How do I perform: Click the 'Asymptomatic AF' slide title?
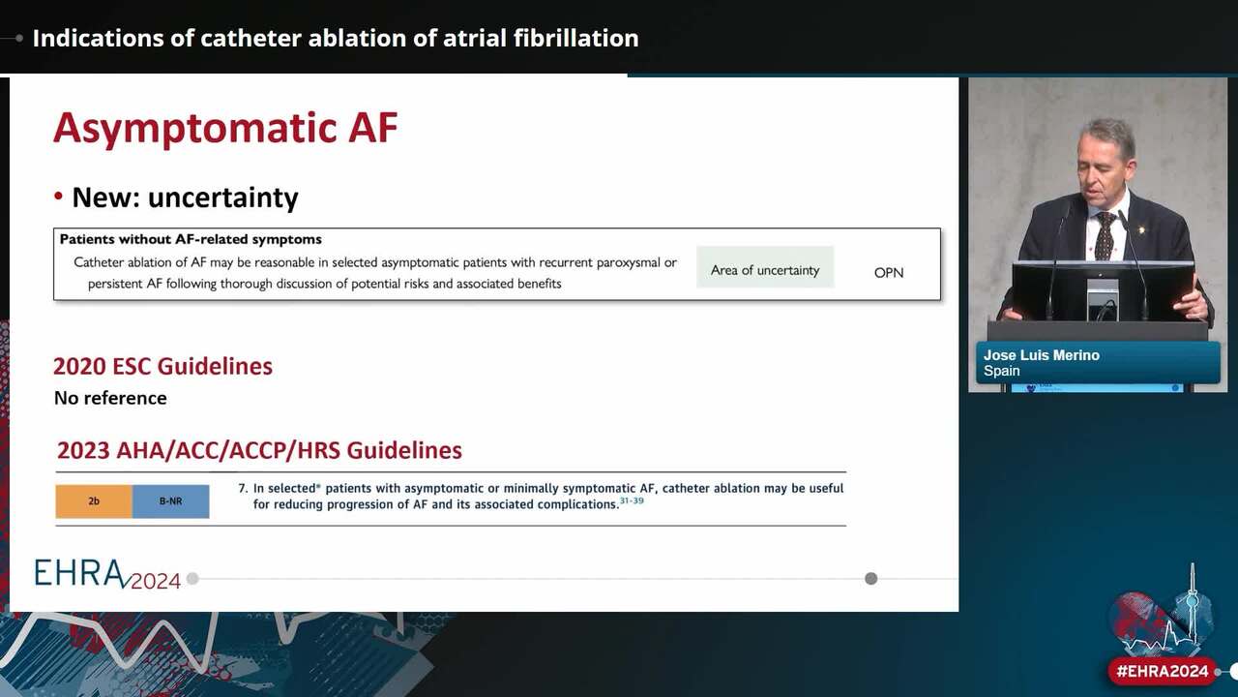225,129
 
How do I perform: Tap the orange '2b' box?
94,501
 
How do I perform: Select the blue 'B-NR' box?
171,501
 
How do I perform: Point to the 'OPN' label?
889,273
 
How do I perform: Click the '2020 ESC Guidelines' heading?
163,366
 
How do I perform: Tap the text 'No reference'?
110,398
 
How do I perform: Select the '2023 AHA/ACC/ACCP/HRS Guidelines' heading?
259,450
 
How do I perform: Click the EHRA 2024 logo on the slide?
107,574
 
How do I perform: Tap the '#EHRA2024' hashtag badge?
1163,672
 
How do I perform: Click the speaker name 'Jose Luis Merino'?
1042,355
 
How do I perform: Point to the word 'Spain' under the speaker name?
1001,371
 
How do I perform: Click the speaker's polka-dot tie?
1105,236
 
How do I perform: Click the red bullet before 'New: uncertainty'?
59,197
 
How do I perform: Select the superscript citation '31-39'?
632,500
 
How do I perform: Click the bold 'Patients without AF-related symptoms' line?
191,239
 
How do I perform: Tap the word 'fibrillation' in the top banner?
575,38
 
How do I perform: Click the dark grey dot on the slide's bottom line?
871,579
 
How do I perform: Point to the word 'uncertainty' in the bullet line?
223,197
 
